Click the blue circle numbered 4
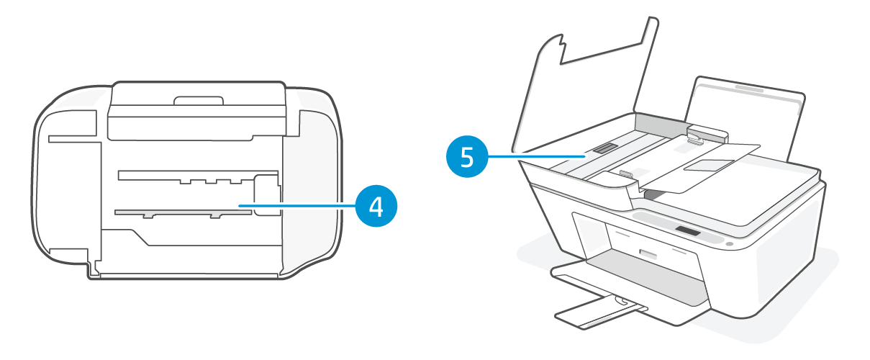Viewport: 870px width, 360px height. point(375,206)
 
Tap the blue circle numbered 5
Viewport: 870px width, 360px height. point(467,156)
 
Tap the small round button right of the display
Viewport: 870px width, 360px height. point(729,244)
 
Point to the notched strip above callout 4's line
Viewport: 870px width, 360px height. point(187,175)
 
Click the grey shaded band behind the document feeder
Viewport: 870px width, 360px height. point(658,124)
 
